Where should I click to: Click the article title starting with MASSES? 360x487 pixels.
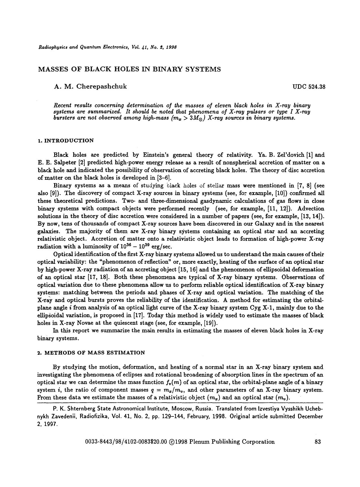pyautogui.click(x=129, y=69)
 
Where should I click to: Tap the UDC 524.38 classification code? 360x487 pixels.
pyautogui.click(x=309, y=87)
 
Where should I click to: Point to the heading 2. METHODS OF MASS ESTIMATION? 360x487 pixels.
pyautogui.click(x=91, y=353)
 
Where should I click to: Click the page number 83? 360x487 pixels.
pyautogui.click(x=317, y=442)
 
